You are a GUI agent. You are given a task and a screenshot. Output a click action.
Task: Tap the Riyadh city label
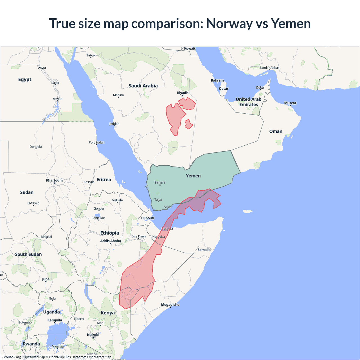[183, 93]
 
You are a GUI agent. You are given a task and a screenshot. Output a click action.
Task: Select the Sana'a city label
[160, 182]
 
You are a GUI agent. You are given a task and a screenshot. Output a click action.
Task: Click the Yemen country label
[193, 176]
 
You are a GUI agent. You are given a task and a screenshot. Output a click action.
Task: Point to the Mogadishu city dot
[170, 307]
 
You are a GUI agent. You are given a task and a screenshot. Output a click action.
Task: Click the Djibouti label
[148, 218]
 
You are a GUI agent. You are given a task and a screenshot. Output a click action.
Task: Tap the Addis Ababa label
[111, 241]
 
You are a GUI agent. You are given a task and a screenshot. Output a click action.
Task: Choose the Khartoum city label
[54, 180]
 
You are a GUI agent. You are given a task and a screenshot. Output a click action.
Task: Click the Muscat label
[290, 103]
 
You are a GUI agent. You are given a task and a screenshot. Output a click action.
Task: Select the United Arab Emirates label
[249, 102]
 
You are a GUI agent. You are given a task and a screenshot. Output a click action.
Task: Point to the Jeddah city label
[114, 124]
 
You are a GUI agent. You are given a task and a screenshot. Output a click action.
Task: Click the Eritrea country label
[104, 179]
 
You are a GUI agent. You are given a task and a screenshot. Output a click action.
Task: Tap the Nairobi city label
[93, 335]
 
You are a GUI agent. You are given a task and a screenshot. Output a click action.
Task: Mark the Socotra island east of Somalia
[247, 211]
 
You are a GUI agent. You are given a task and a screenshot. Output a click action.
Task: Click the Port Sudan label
[96, 142]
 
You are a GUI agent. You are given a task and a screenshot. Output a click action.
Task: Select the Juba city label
[46, 279]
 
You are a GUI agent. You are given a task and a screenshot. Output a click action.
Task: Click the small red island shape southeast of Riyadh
[189, 124]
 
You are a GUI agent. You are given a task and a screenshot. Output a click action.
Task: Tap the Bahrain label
[217, 80]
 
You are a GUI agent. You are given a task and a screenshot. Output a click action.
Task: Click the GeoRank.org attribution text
[11, 357]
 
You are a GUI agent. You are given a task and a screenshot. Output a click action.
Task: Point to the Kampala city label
[55, 320]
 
